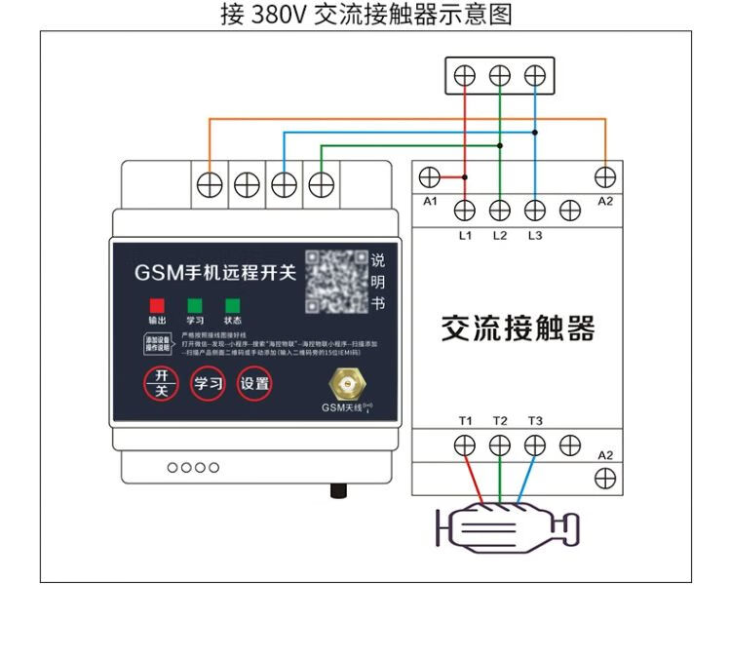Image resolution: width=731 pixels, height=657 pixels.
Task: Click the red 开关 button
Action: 162,383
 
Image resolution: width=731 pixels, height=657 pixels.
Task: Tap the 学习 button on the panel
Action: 209,383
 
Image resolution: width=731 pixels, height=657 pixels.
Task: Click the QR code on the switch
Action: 336,281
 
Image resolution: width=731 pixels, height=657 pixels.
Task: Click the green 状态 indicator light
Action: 232,305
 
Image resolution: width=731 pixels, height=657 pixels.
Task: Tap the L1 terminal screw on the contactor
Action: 465,209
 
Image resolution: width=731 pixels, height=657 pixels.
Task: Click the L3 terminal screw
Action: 534,209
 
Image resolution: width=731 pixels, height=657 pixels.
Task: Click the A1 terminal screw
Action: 429,177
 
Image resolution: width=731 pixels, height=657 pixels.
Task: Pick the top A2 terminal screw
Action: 605,176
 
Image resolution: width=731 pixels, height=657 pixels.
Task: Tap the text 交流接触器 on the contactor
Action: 518,328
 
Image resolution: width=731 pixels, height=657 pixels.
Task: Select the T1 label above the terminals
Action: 465,421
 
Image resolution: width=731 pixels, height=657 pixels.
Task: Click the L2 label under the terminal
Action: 500,235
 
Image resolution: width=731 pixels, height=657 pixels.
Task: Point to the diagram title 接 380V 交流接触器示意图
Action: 365,15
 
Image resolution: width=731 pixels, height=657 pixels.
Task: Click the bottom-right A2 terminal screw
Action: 605,478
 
